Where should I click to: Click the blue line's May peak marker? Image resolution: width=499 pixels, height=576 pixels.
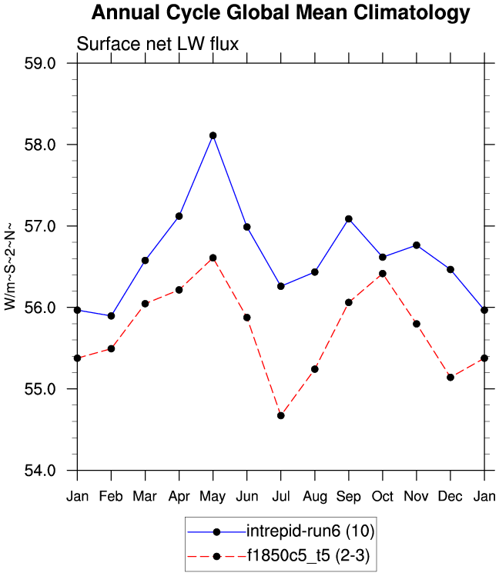[x=213, y=135]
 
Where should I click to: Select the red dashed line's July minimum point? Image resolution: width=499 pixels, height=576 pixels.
[x=281, y=415]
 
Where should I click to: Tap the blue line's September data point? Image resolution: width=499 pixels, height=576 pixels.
[x=349, y=219]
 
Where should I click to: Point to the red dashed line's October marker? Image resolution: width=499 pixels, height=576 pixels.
[x=383, y=274]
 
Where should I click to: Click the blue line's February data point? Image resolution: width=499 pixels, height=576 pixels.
[x=112, y=316]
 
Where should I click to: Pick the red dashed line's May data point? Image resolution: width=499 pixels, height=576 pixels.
[x=213, y=258]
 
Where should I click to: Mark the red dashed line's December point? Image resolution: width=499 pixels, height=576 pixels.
[x=450, y=377]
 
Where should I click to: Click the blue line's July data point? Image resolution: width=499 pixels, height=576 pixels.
[x=281, y=286]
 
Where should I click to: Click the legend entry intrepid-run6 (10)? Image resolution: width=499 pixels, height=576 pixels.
[x=310, y=531]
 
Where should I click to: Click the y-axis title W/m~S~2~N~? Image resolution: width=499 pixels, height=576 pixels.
[x=11, y=266]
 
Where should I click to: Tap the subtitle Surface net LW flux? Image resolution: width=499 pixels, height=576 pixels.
[x=158, y=45]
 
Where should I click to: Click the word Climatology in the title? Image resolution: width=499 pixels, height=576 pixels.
[x=404, y=13]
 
